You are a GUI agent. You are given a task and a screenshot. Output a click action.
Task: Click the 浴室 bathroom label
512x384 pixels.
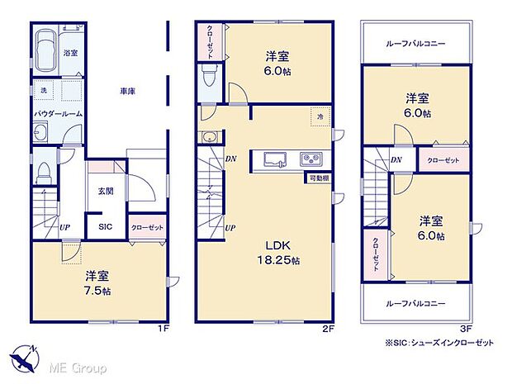point(70,53)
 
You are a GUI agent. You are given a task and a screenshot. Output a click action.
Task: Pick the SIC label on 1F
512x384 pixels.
point(106,227)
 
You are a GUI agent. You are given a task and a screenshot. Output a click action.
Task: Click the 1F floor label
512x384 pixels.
point(164,329)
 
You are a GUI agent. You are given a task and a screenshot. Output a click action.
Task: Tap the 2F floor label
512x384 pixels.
point(327,329)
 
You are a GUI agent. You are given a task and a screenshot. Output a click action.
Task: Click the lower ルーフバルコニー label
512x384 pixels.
point(418,303)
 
